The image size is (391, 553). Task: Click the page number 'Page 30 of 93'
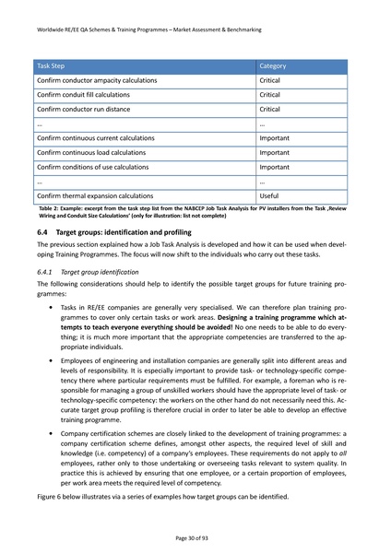tap(195, 536)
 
